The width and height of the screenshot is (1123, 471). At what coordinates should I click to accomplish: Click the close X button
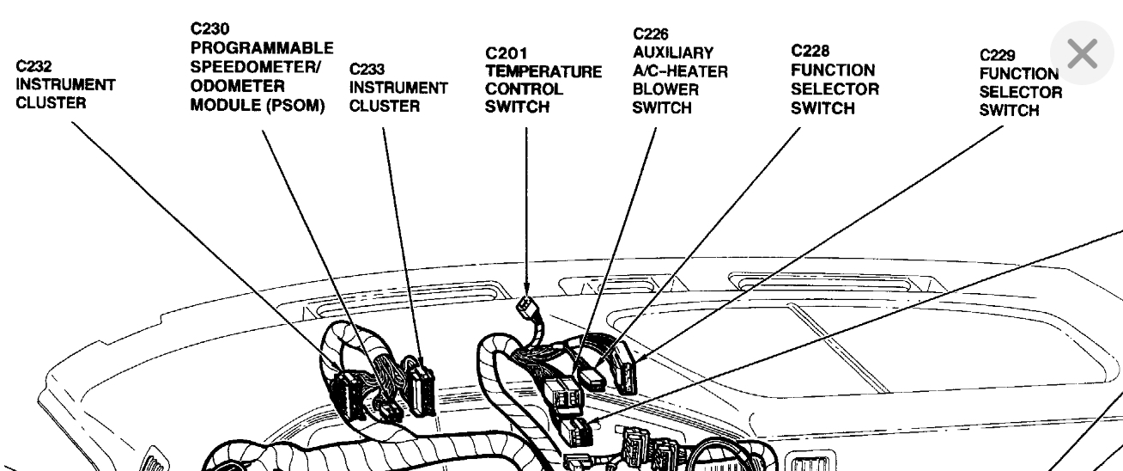(x=1084, y=54)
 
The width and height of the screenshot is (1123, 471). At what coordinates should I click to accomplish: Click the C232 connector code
(x=33, y=66)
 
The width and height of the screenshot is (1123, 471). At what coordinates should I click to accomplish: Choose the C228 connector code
(x=809, y=51)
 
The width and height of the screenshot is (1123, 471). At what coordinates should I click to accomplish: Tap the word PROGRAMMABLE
(x=262, y=46)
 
